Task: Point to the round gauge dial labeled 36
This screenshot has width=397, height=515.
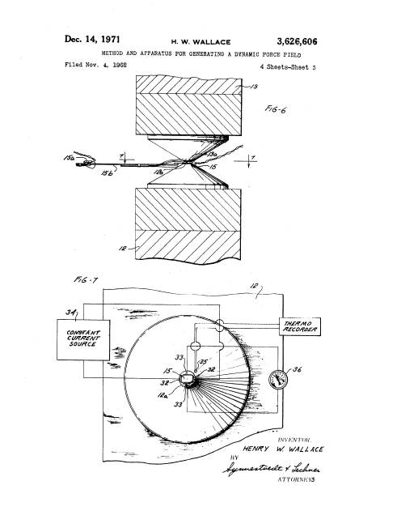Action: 276,376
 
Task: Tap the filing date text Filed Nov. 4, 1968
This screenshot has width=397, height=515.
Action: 96,63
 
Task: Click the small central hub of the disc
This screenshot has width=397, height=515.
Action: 188,378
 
